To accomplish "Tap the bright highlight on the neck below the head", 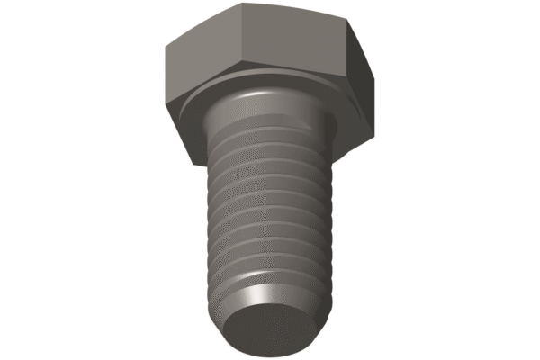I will (261, 99).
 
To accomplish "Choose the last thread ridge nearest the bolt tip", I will (270, 270).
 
